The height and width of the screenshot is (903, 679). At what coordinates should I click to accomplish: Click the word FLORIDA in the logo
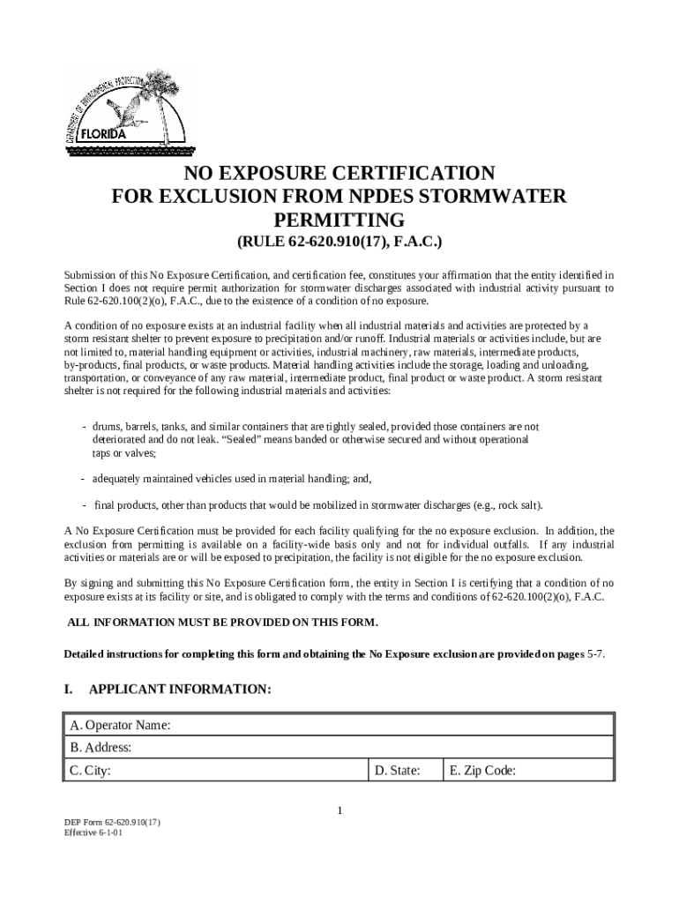pos(104,135)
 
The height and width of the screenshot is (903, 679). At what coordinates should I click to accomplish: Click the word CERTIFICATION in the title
pos(403,173)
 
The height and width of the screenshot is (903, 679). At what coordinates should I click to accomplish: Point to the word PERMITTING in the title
pos(339,220)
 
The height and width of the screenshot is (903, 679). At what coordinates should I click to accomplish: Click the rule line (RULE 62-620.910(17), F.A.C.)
pos(339,243)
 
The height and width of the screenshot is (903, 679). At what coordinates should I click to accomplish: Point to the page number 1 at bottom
pos(339,811)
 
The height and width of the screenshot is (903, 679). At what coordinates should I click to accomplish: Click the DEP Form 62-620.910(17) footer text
pos(112,822)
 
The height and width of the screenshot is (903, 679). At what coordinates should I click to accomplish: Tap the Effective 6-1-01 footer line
pos(93,832)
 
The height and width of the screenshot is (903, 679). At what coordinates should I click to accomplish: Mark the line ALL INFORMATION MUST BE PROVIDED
pos(223,623)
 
